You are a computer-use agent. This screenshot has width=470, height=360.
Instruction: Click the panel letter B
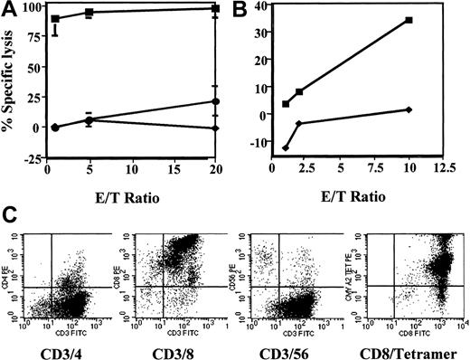[x=257, y=11]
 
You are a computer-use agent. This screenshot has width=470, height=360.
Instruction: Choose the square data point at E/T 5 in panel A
[x=89, y=13]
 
